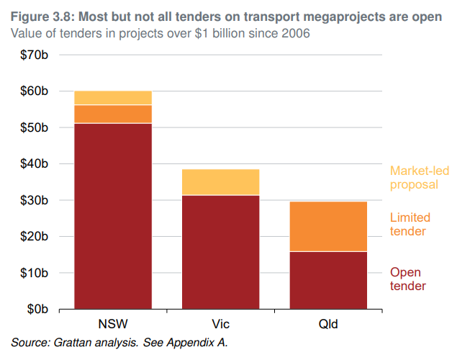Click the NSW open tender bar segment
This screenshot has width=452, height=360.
(113, 216)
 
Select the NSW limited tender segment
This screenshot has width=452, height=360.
(113, 114)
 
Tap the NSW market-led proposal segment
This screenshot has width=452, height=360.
(113, 98)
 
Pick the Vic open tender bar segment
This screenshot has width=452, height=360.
(220, 252)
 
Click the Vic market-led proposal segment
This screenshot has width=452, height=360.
(220, 182)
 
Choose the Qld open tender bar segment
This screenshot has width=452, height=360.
(327, 280)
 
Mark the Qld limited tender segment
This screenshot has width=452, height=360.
(327, 226)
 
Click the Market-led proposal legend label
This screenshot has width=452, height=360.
(414, 177)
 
